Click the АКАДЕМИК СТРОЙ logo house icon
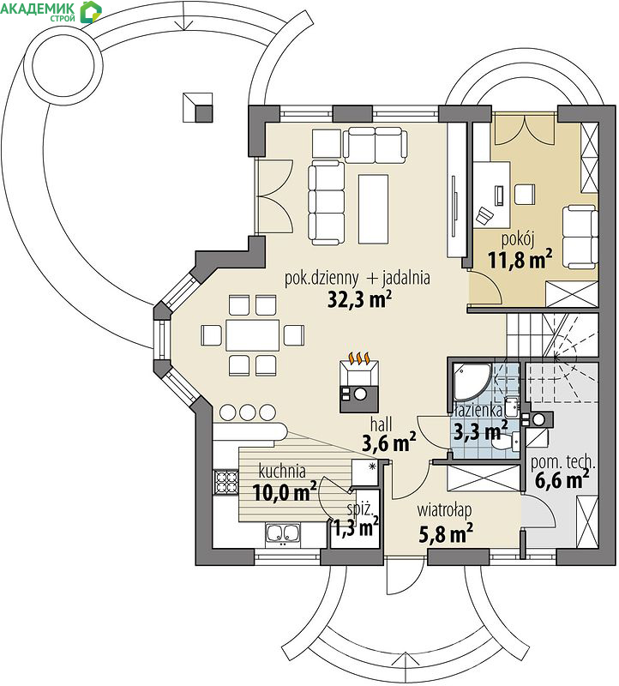point(91,11)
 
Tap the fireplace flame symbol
point(359,358)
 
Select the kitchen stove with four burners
point(225,482)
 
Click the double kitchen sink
point(283,533)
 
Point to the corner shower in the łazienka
point(472,382)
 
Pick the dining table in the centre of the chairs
point(252,335)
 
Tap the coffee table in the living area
point(373,208)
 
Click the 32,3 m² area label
point(359,299)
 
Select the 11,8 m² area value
point(520,259)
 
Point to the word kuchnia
point(282,471)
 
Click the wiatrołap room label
point(444,510)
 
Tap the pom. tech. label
point(562,462)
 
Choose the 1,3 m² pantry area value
point(357,527)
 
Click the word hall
point(381,424)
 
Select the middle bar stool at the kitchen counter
point(247,412)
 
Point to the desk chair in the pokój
point(484,215)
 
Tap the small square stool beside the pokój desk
point(525,195)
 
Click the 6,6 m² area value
point(562,480)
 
